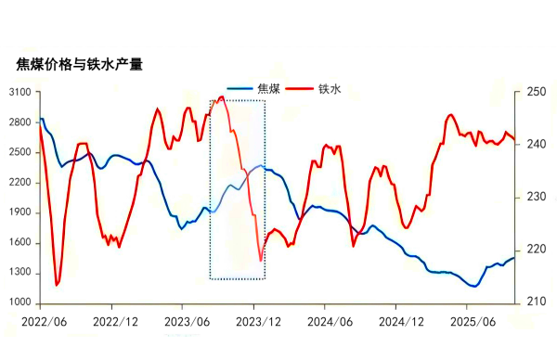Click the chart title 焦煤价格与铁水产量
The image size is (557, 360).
pos(80,64)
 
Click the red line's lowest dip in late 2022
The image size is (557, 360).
pos(57,285)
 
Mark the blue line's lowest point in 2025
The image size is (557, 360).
pos(473,286)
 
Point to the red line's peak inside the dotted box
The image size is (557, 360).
pos(222,96)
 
